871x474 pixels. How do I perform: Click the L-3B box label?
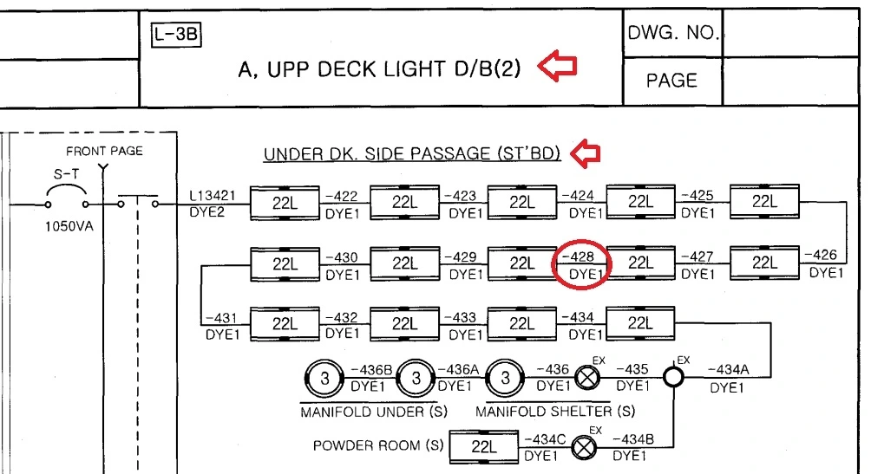coord(175,36)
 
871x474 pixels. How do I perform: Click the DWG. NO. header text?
coord(672,34)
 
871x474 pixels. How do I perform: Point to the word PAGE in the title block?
coord(671,81)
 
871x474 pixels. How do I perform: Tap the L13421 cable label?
coord(210,196)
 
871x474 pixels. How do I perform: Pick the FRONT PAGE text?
coord(104,151)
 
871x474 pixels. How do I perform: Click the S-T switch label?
coord(67,175)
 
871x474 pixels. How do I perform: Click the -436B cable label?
coord(370,370)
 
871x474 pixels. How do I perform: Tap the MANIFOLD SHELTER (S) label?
coord(555,411)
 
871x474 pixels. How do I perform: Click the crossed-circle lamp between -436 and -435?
coord(589,378)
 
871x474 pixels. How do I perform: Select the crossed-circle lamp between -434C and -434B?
coord(587,447)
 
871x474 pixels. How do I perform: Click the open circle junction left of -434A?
coord(674,378)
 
